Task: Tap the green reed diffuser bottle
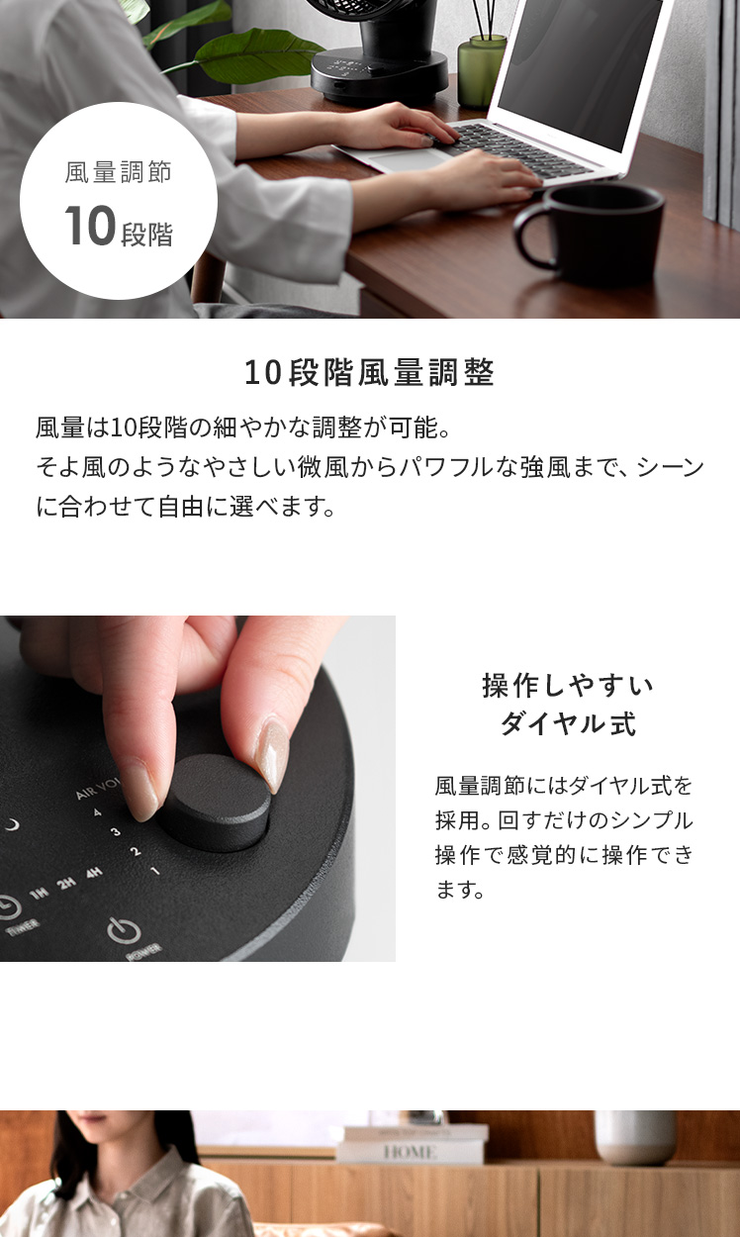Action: tap(482, 70)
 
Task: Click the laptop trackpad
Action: tap(410, 159)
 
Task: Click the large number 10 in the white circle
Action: tap(89, 225)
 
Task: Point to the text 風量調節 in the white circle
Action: tap(118, 172)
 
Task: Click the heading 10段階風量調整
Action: tap(369, 372)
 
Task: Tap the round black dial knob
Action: tap(216, 803)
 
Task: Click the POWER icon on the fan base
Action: tap(124, 931)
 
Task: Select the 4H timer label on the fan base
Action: tap(94, 873)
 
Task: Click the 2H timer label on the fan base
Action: tap(66, 883)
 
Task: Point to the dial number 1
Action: tap(155, 871)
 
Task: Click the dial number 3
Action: tap(116, 831)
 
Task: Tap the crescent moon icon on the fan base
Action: tap(12, 825)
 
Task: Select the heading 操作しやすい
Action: tap(568, 686)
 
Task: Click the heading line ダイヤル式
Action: tap(568, 723)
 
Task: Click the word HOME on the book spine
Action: tap(410, 1153)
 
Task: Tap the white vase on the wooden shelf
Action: tap(635, 1138)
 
